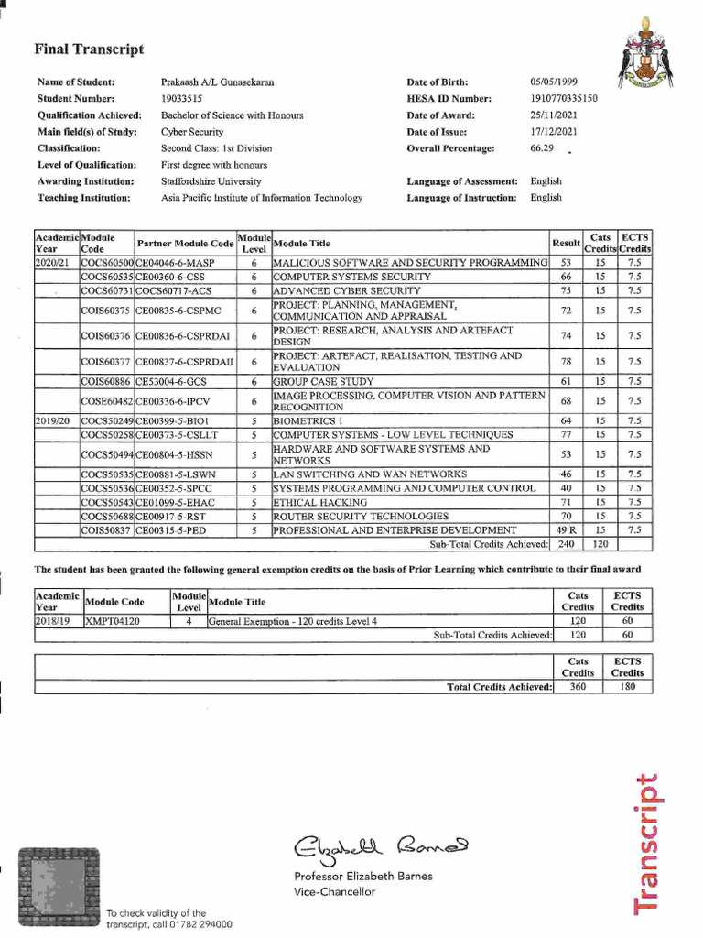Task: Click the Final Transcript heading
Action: coord(90,49)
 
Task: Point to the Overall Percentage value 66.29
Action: coord(542,147)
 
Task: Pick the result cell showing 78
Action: coord(565,361)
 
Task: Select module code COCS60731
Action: coord(107,290)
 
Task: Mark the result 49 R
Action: coord(566,529)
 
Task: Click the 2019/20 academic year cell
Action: coord(52,421)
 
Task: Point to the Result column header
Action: coord(566,243)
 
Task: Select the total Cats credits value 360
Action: coord(578,686)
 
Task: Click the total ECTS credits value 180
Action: coord(627,686)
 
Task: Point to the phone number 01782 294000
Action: coord(193,924)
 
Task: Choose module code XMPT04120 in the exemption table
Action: coord(114,620)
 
